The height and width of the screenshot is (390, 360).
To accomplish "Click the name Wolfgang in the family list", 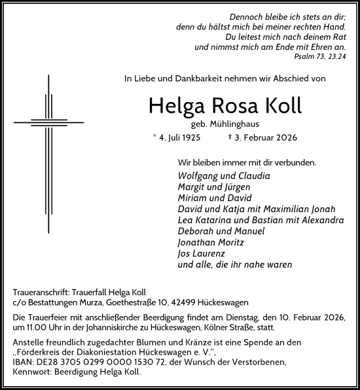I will point(198,176).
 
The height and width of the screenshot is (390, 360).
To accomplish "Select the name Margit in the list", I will point(192,187).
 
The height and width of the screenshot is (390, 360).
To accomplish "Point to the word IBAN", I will point(23,362).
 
